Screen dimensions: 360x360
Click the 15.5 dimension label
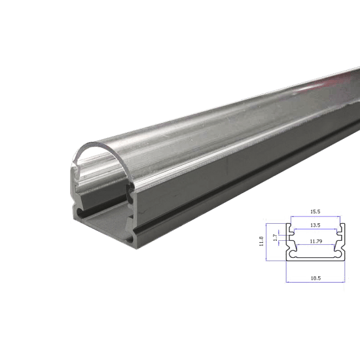click(315, 211)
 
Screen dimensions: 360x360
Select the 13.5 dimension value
click(315, 225)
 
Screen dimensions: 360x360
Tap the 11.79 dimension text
click(316, 241)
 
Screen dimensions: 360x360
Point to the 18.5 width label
click(315, 278)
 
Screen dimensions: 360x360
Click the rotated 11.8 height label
click(261, 242)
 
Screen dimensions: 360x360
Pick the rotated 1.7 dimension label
click(275, 238)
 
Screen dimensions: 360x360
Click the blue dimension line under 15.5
click(315, 216)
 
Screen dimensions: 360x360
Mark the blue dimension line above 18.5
click(315, 282)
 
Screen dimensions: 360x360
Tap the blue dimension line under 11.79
click(315, 245)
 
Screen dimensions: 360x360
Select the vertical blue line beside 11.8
click(266, 242)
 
